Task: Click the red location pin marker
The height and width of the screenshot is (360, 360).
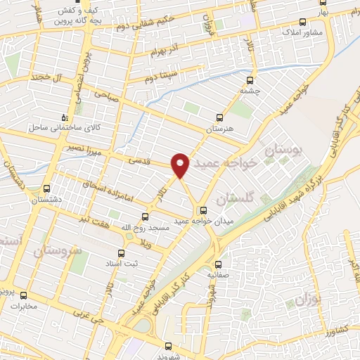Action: coord(181,165)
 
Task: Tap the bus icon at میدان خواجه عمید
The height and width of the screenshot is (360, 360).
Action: coord(204,210)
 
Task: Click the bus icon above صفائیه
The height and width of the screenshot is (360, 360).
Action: coord(217,265)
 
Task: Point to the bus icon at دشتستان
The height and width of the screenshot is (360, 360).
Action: coord(47,188)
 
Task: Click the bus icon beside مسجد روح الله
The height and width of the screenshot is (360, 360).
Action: coord(145,217)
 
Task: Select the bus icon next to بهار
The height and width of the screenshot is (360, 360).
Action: coord(302,21)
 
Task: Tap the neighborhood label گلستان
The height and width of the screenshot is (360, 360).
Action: coord(234,200)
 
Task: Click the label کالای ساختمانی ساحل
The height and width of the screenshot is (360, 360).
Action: coord(56,129)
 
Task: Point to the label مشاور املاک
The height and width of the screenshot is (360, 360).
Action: coord(302,33)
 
